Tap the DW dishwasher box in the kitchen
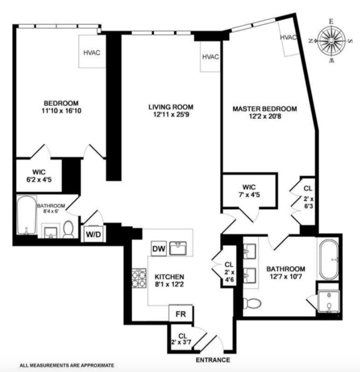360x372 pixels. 158,249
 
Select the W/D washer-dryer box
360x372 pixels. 91,235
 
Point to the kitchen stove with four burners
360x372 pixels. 139,278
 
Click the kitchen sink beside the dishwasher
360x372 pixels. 178,248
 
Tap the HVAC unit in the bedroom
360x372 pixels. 91,52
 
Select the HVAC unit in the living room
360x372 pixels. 210,57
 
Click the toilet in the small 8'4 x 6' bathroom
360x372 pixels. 68,230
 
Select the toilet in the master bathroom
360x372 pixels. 250,303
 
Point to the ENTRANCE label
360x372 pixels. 212,360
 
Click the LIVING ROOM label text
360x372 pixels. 171,106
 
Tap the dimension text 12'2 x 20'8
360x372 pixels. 264,117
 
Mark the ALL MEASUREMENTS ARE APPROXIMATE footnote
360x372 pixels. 67,365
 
